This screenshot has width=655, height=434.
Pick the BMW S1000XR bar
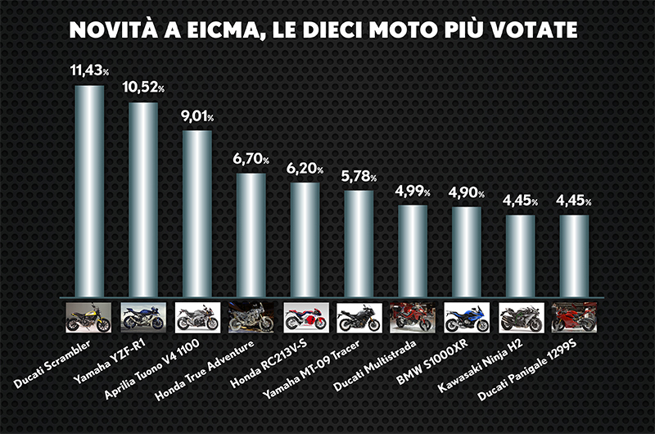point(466,251)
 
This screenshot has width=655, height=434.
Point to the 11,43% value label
point(89,72)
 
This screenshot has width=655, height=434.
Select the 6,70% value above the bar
point(250,160)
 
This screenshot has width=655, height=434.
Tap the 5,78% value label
point(358,177)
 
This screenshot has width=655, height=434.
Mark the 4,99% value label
point(412,192)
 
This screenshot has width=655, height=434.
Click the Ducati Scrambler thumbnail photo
point(88,316)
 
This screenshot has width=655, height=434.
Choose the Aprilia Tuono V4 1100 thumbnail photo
point(196,316)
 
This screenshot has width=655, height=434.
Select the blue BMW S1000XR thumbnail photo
point(466,316)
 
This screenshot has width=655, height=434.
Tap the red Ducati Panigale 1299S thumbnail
point(574,316)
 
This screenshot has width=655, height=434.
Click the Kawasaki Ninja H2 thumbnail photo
point(520,316)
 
